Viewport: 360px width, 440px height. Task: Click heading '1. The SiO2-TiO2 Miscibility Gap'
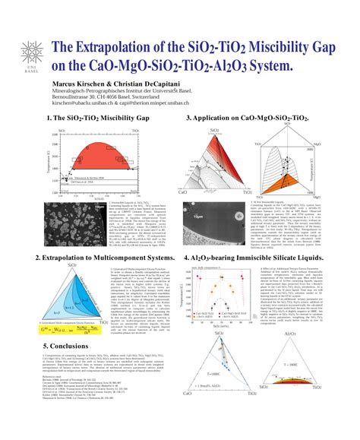point(98,119)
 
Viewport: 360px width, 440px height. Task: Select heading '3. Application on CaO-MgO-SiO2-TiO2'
point(248,119)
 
